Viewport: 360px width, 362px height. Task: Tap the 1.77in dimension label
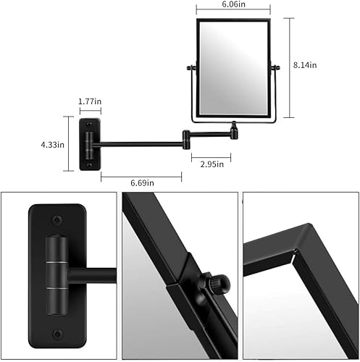(91, 102)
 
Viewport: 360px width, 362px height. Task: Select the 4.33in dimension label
(52, 144)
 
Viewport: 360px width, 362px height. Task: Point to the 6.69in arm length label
(142, 182)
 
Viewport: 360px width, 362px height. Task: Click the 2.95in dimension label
(212, 164)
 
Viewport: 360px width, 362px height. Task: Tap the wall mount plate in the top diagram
(91, 143)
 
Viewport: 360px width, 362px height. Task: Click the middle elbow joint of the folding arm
(186, 135)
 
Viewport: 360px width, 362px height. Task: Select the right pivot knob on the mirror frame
(275, 70)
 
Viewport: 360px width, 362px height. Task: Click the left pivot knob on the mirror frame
(191, 70)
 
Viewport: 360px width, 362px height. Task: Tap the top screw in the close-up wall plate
(56, 217)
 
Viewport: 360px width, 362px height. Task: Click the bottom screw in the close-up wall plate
(56, 334)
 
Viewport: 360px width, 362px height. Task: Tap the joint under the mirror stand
(233, 130)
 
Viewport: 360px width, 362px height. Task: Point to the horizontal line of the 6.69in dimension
(141, 174)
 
